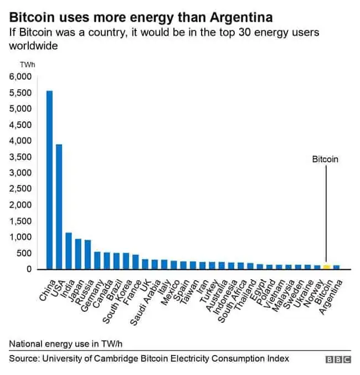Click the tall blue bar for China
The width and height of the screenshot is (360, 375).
click(49, 180)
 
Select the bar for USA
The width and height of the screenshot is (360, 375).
click(59, 207)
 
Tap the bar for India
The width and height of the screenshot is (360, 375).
click(69, 251)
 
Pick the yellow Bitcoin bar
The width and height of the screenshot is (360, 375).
click(326, 267)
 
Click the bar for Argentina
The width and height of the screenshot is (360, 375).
click(336, 267)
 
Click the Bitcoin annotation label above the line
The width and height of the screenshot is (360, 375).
click(325, 160)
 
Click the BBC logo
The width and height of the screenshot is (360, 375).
click(338, 359)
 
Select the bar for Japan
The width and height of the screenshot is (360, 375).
click(79, 254)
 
